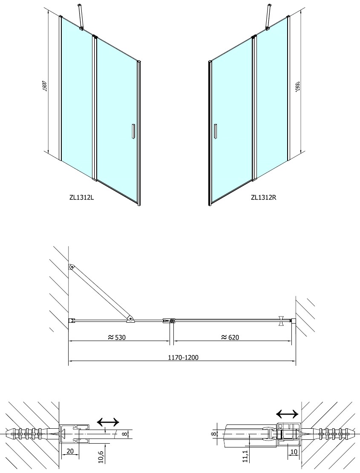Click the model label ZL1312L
[x=81, y=198]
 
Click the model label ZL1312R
[x=264, y=198]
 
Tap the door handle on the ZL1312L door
[x=132, y=131]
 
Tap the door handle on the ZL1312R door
[x=215, y=131]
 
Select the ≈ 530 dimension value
[x=116, y=337]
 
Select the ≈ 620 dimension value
[x=230, y=337]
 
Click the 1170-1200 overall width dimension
[x=183, y=358]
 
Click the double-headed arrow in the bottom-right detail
[x=287, y=414]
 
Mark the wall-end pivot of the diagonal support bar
[x=72, y=267]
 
